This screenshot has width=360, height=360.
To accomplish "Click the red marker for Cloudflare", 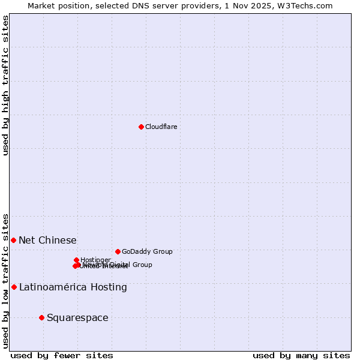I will click(x=141, y=127).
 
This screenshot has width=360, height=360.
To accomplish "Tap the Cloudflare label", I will click(x=161, y=127).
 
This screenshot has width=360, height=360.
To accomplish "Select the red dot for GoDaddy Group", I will click(x=118, y=251).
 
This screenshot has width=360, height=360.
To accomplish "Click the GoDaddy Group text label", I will click(x=147, y=251).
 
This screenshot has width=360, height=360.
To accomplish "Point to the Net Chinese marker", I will click(x=13, y=240).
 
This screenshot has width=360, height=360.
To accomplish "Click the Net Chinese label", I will click(x=47, y=240).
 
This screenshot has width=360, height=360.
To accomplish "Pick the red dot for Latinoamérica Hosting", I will click(x=14, y=287).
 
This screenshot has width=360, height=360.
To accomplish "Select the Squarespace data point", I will click(x=41, y=317).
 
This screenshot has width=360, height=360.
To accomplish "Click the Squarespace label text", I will click(x=77, y=317).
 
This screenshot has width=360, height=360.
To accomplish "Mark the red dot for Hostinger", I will click(x=77, y=260).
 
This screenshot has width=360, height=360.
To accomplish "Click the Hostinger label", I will click(x=95, y=260).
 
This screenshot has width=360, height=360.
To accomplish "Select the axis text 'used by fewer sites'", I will click(x=62, y=355).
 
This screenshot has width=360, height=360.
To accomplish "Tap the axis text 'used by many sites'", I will click(x=301, y=355).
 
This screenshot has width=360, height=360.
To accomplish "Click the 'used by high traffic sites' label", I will click(x=5, y=85).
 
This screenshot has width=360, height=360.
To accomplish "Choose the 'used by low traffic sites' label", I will click(x=5, y=281).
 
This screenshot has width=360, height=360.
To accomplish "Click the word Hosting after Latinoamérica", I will click(x=108, y=287).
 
